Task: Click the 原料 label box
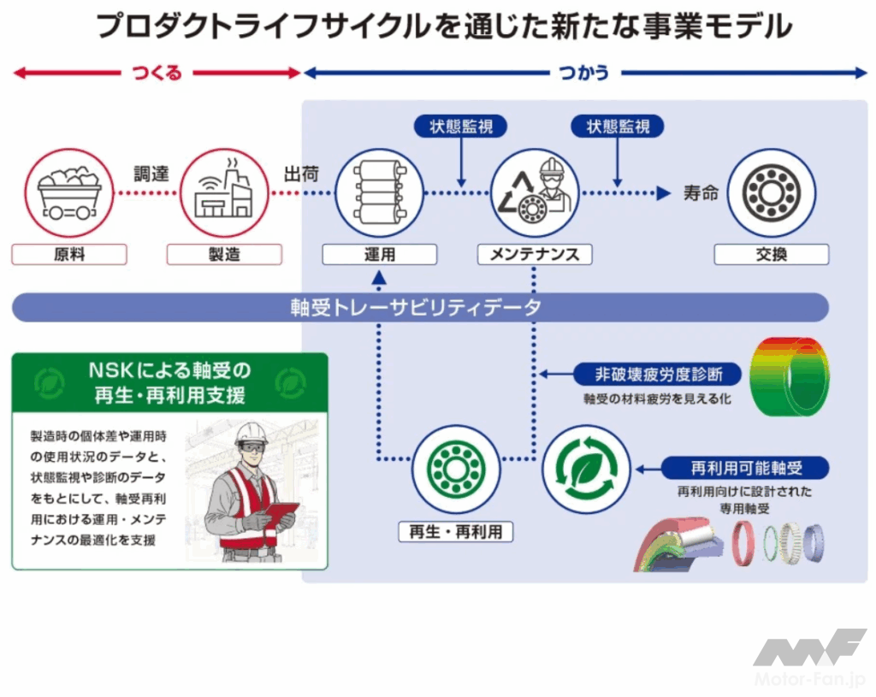click(69, 254)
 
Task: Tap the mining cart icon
click(69, 192)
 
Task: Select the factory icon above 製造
click(224, 192)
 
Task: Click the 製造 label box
click(224, 254)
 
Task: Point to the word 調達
click(151, 174)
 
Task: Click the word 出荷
click(301, 174)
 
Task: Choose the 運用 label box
click(380, 254)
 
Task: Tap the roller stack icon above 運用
click(379, 192)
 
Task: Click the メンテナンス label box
click(535, 254)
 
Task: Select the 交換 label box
click(771, 254)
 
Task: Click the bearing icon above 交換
click(771, 192)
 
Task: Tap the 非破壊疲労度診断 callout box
click(659, 374)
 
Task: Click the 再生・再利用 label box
click(456, 532)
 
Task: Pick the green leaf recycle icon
click(586, 469)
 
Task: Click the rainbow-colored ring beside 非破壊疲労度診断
click(789, 376)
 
